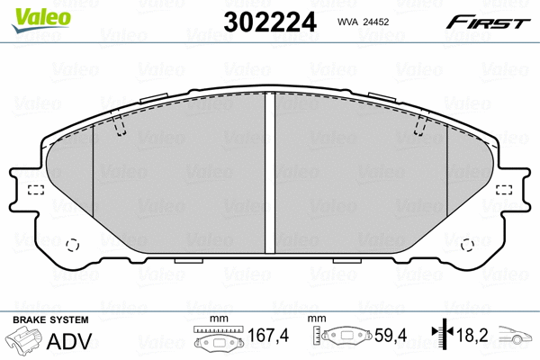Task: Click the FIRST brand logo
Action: pyautogui.click(x=487, y=22)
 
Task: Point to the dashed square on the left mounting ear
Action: pyautogui.click(x=37, y=190)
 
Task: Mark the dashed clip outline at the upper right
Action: pyautogui.click(x=419, y=129)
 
